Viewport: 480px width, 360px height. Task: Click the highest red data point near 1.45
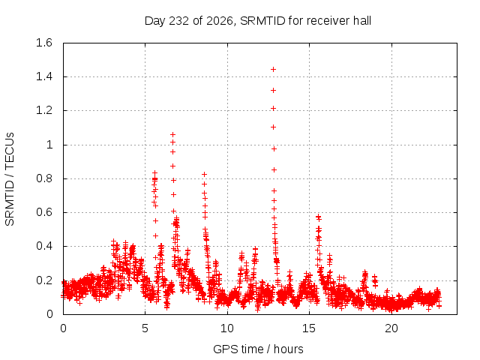pyautogui.click(x=273, y=70)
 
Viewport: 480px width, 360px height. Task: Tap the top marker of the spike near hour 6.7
pyautogui.click(x=173, y=134)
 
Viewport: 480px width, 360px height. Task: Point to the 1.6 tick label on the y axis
pyautogui.click(x=44, y=43)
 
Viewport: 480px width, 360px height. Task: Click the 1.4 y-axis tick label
pyautogui.click(x=44, y=76)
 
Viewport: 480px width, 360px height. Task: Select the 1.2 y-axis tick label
pyautogui.click(x=44, y=110)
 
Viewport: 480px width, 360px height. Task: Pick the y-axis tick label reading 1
pyautogui.click(x=49, y=145)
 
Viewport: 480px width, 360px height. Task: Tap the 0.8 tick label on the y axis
pyautogui.click(x=44, y=178)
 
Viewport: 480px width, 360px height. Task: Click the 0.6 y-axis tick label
pyautogui.click(x=44, y=212)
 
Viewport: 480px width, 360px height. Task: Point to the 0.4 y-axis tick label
pyautogui.click(x=44, y=246)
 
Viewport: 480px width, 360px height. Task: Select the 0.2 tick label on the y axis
pyautogui.click(x=44, y=280)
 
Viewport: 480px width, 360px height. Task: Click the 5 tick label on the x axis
pyautogui.click(x=145, y=328)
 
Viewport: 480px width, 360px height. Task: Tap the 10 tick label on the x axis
pyautogui.click(x=227, y=328)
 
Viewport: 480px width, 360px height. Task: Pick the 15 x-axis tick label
pyautogui.click(x=309, y=328)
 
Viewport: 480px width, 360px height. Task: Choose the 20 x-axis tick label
pyautogui.click(x=391, y=328)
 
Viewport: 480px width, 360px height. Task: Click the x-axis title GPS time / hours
pyautogui.click(x=258, y=349)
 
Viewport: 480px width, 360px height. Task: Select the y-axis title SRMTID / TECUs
pyautogui.click(x=10, y=179)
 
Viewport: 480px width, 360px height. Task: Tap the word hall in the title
pyautogui.click(x=362, y=21)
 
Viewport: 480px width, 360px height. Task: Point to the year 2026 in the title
pyautogui.click(x=220, y=21)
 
